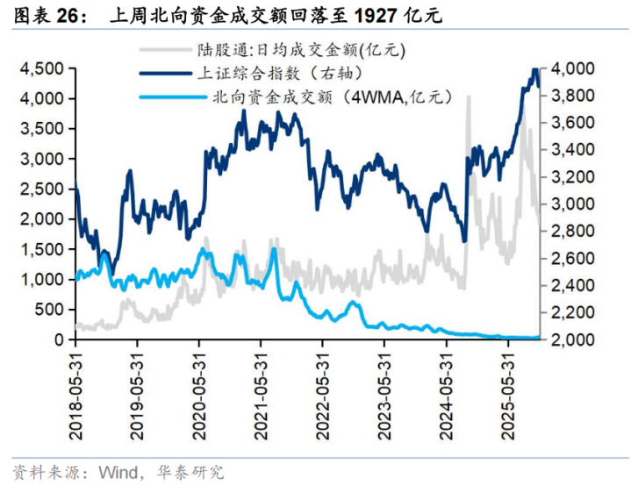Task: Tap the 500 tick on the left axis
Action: (51, 310)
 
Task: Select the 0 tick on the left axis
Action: (60, 339)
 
